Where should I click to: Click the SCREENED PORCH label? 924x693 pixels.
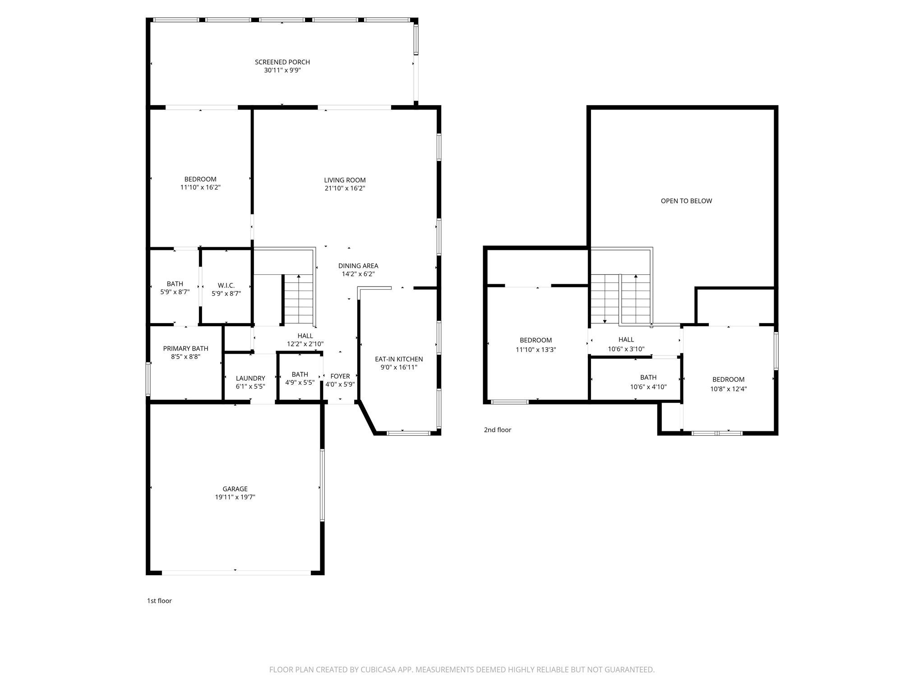point(282,62)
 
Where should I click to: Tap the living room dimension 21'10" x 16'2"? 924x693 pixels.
point(345,189)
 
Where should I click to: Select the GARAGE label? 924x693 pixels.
point(235,489)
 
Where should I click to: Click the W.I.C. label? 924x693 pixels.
point(226,286)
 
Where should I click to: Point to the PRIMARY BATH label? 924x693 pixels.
point(185,349)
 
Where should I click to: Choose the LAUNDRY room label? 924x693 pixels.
point(250,379)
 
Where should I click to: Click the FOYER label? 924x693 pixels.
point(340,376)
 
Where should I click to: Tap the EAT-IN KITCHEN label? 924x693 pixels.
point(399,360)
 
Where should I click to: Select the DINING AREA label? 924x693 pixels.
point(358,266)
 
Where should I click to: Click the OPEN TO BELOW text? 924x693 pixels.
point(686,201)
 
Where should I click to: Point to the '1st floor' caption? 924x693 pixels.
point(159,601)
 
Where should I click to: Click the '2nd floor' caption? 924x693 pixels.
point(497,430)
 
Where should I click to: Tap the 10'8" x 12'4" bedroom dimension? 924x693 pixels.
point(728,389)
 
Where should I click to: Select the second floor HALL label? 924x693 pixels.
point(626,340)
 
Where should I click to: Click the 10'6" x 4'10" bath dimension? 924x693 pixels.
point(648,387)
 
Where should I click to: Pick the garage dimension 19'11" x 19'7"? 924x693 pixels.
point(235,497)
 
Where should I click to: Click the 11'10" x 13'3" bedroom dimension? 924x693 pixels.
point(536,350)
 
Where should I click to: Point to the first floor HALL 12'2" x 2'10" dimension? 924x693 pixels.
point(305,344)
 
